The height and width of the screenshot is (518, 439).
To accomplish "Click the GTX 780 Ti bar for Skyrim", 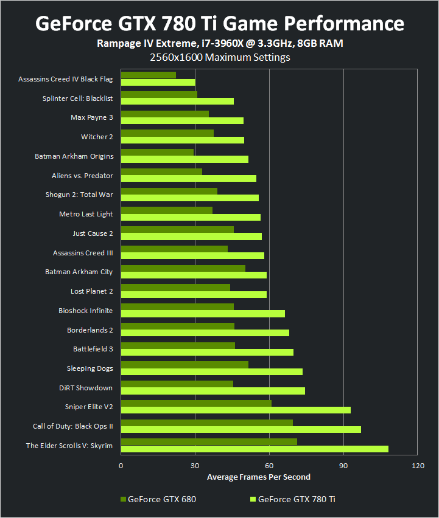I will click(255, 449).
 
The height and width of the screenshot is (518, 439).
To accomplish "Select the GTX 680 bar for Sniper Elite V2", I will click(196, 403).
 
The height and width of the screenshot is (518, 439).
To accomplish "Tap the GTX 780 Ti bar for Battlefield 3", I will click(207, 352).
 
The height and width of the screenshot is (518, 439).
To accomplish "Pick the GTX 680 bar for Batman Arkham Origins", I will click(157, 152).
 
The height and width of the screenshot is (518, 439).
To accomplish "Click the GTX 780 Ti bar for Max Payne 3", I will click(182, 120).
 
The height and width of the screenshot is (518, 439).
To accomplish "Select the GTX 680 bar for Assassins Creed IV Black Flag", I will click(149, 75).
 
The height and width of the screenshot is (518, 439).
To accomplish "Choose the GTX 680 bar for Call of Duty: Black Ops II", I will click(206, 423).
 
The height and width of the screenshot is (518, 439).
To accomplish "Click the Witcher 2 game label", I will click(97, 137).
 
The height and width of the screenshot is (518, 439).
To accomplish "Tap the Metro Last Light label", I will click(86, 214).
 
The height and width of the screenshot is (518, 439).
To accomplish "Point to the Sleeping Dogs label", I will click(90, 368).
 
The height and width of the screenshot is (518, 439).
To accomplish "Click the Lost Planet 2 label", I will click(91, 291).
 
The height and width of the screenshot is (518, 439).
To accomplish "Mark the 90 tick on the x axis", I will click(343, 465).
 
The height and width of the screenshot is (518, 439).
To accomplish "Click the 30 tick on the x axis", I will click(195, 465).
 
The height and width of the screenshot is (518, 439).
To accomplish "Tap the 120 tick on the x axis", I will click(418, 465).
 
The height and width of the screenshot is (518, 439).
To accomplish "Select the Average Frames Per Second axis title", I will click(258, 477).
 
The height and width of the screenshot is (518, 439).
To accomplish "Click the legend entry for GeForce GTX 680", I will click(158, 499).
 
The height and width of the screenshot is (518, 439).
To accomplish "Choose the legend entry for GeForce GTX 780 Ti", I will click(292, 499).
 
